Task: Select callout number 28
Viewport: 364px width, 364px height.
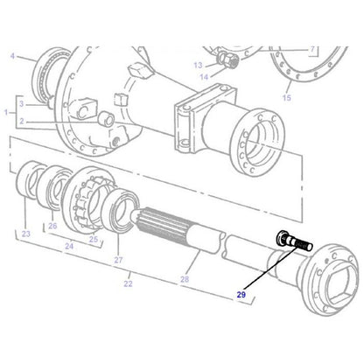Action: click(184, 280)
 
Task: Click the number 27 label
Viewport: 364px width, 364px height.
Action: click(118, 261)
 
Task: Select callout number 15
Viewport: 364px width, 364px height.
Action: click(287, 99)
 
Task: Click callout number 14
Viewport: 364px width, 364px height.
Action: click(203, 77)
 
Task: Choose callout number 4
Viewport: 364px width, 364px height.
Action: click(12, 58)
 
